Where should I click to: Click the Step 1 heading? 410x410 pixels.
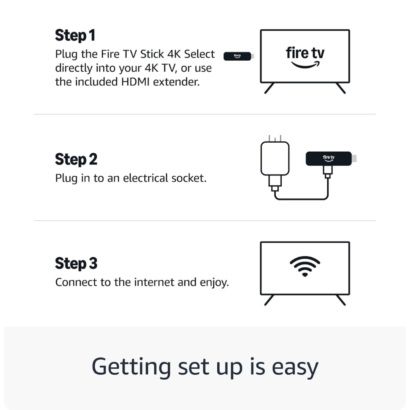coord(75,35)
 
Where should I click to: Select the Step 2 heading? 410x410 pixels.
coord(76,159)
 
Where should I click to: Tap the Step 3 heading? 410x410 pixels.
coord(76,263)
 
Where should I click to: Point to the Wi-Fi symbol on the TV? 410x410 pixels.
coord(305,266)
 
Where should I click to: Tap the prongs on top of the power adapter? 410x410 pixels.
coord(274,138)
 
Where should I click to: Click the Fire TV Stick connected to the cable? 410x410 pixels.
coord(329,159)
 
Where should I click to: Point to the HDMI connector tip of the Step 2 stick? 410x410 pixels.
coord(355,159)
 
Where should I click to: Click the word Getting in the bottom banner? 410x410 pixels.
coord(131,367)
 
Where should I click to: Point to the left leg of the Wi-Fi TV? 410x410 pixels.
coord(269,300)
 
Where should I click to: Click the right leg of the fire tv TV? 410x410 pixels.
coord(341,88)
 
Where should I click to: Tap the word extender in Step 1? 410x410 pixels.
coord(179,82)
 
